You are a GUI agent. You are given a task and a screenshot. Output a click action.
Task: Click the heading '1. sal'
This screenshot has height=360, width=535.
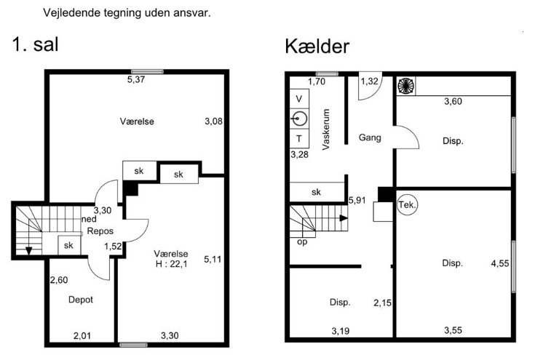[x=35, y=44]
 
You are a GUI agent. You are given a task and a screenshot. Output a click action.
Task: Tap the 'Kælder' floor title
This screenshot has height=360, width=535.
[x=317, y=46]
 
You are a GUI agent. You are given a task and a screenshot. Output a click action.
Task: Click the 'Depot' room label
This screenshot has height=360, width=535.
[x=81, y=300]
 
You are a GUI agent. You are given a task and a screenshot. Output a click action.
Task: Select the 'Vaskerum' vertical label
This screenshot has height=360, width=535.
[x=326, y=129]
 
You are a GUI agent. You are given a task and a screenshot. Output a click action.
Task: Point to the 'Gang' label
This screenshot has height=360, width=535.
[x=370, y=137]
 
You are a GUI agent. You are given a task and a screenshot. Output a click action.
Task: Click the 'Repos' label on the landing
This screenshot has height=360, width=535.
[x=100, y=231]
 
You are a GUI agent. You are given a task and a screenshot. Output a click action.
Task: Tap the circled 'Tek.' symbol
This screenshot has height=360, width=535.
[x=408, y=205]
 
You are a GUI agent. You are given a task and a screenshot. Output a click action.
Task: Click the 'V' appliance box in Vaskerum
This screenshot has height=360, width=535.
[x=299, y=99]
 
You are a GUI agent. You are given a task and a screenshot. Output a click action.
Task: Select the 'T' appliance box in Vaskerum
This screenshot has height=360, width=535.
[x=299, y=139]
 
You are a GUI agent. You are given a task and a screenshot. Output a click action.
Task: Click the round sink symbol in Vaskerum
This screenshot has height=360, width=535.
[x=299, y=119]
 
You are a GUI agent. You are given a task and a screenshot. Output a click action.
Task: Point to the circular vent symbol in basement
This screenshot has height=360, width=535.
[x=406, y=85]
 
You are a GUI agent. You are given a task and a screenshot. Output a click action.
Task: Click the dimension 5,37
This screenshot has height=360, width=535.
[x=136, y=79]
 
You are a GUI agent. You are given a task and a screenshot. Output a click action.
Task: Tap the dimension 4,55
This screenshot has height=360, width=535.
[x=500, y=263]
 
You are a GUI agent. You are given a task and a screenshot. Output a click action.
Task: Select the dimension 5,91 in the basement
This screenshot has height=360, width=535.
[x=357, y=200]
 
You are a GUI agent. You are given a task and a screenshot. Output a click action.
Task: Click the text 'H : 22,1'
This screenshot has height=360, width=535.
[x=171, y=264]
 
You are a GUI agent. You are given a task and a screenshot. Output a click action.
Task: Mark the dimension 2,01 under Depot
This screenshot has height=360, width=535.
[x=82, y=336]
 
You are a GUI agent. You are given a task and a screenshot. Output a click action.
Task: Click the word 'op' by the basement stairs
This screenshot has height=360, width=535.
[x=302, y=242]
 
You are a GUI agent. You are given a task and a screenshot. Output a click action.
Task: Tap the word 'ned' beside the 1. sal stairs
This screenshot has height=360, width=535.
[x=89, y=219]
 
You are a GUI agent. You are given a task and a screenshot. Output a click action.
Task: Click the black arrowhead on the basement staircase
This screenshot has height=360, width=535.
[x=344, y=218]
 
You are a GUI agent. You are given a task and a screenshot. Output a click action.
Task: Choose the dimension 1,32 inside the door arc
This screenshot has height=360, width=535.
[x=370, y=81]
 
